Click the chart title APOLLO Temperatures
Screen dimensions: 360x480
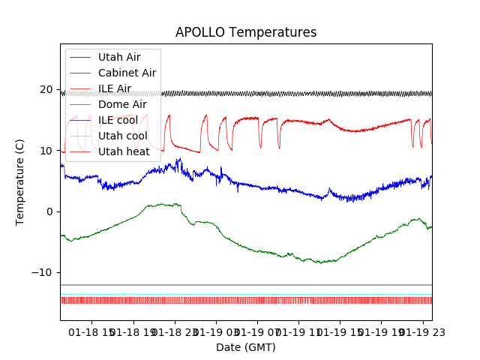coord(246,32)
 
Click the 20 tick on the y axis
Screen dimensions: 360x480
coord(46,90)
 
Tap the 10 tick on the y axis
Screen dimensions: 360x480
coord(46,151)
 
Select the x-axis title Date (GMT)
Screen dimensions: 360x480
coord(246,347)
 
